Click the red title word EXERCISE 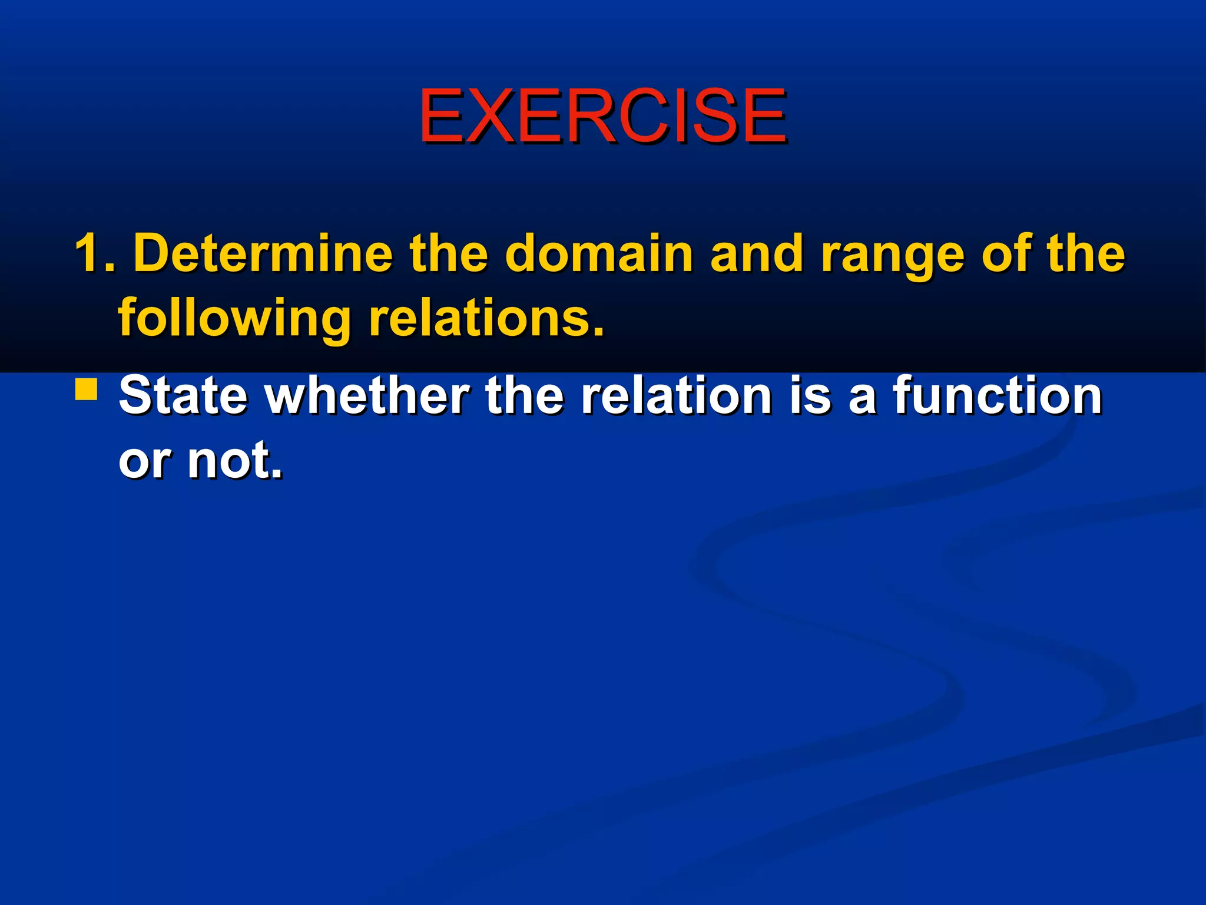coord(602,115)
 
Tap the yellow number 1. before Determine coord(95,253)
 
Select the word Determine coord(263,253)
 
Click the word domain coord(599,253)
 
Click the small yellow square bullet coord(87,390)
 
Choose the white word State coord(183,395)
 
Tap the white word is coord(810,395)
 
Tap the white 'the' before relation coord(525,395)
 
